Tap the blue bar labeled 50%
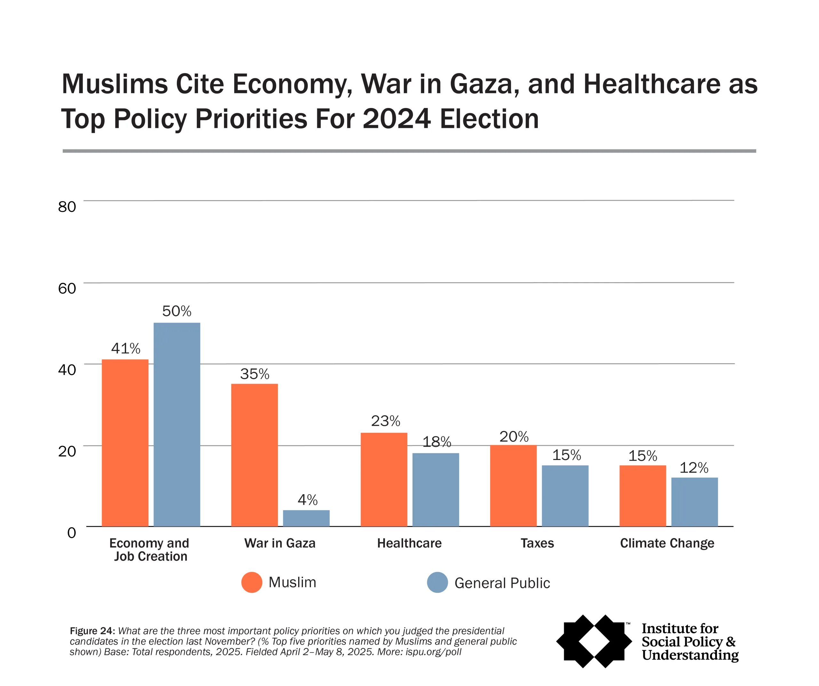177,425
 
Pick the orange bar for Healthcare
384,479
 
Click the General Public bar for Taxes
565,496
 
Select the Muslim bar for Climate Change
642,496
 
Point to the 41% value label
126,348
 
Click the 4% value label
307,500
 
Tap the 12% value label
694,468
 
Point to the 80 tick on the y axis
67,207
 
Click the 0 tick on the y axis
71,533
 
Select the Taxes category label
537,543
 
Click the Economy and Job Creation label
149,550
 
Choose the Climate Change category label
667,543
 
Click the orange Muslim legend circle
251,582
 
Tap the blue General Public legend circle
437,582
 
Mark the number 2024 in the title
397,119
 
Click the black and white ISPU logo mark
593,641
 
